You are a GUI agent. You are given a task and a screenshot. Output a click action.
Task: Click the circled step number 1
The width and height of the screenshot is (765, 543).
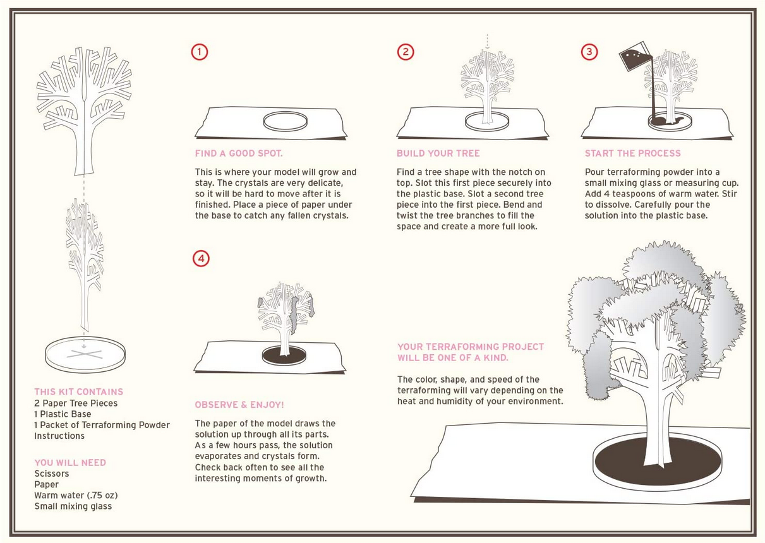199,52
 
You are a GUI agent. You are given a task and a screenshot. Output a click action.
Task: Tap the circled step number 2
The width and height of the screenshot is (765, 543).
406,52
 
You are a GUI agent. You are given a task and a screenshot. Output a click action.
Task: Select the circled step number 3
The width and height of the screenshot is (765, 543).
589,52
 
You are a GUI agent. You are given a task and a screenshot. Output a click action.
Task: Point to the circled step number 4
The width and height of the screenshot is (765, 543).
200,258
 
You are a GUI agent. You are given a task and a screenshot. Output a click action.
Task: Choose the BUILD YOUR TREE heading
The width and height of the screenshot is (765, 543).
438,153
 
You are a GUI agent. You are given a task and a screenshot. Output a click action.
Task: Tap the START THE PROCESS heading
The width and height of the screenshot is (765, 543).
632,153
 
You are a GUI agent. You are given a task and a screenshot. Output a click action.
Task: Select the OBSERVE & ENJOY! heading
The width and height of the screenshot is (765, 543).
239,405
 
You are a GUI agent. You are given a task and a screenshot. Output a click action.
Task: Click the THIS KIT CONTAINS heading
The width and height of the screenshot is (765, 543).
78,391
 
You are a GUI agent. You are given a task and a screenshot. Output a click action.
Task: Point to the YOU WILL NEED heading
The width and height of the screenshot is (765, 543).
70,463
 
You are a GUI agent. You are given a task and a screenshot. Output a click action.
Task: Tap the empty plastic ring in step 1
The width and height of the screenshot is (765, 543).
285,121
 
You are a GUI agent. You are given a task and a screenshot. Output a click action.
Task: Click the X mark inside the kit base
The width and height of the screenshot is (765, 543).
84,354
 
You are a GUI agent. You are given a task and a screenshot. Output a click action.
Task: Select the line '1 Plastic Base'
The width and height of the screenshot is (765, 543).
63,414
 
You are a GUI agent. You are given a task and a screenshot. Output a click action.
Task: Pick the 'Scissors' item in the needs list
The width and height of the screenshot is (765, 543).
52,474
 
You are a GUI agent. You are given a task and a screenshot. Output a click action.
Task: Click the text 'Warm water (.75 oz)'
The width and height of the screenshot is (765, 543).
76,496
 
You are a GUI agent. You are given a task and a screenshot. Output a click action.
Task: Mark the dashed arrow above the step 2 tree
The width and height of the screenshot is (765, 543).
488,42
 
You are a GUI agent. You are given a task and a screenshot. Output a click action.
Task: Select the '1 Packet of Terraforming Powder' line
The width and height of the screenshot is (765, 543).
102,425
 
